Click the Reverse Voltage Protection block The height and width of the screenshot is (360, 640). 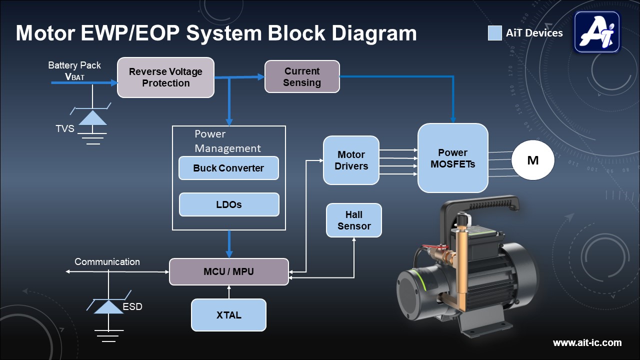pyautogui.click(x=165, y=77)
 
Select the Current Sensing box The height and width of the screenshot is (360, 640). pyautogui.click(x=302, y=76)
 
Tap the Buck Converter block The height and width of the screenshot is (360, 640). pyautogui.click(x=228, y=168)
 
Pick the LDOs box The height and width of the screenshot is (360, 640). pyautogui.click(x=229, y=204)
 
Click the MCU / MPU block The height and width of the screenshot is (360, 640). pyautogui.click(x=228, y=271)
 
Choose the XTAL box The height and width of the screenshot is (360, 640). pyautogui.click(x=228, y=315)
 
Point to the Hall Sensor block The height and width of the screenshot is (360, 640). pyautogui.click(x=353, y=220)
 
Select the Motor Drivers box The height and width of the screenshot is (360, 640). pyautogui.click(x=351, y=160)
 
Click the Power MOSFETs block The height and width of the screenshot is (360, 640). pyautogui.click(x=452, y=158)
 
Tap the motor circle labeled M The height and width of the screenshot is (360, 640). pyautogui.click(x=533, y=160)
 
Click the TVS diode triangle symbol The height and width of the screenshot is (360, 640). pyautogui.click(x=93, y=118)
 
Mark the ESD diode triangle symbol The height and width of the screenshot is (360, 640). pyautogui.click(x=108, y=306)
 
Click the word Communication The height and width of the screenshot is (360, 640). pyautogui.click(x=107, y=261)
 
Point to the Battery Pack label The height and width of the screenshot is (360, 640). pyautogui.click(x=74, y=65)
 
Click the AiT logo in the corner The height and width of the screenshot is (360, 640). pyautogui.click(x=597, y=32)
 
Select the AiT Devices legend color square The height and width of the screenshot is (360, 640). pyautogui.click(x=494, y=33)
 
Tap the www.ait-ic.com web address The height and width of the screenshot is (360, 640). pyautogui.click(x=587, y=342)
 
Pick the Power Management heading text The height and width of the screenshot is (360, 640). pyautogui.click(x=227, y=141)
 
